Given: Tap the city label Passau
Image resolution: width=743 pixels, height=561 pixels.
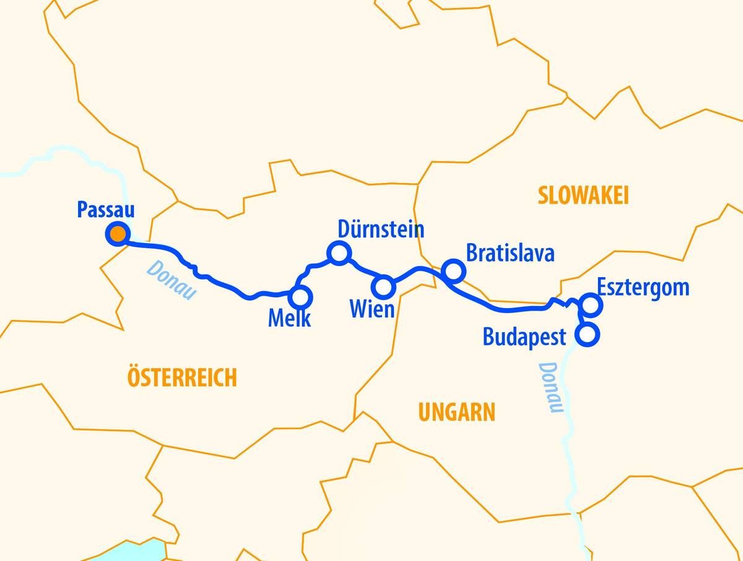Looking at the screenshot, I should (x=106, y=209).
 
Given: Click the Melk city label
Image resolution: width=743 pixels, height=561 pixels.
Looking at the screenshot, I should (x=289, y=319).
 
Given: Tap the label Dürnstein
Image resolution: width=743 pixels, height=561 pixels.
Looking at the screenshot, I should (x=381, y=229).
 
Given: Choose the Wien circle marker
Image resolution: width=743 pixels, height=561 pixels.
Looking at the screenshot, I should (x=383, y=286).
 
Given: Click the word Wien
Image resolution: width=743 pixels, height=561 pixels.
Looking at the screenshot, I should (x=372, y=309).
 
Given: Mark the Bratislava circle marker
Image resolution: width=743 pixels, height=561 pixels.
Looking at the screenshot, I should (x=453, y=270).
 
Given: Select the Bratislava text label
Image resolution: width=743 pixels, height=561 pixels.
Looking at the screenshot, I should (x=510, y=254).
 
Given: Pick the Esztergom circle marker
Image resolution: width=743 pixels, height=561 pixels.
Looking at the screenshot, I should (x=591, y=304).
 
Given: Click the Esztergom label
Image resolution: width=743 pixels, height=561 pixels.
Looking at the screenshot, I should (x=643, y=288).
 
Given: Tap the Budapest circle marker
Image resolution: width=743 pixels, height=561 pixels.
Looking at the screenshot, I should (x=587, y=335).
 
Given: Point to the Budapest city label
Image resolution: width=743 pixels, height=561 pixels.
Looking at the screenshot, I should (x=524, y=337).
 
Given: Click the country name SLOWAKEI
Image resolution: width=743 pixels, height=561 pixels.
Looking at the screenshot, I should (x=583, y=196).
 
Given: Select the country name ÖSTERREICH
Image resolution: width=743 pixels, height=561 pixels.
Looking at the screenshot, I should (x=182, y=377).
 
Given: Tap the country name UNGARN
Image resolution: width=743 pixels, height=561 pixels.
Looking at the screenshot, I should (x=457, y=412).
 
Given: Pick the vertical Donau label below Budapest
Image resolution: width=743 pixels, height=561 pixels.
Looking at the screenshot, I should (x=550, y=387).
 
